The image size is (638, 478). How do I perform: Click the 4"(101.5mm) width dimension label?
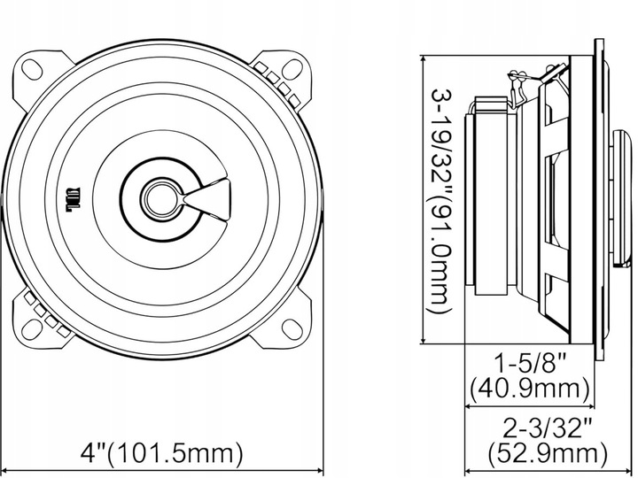[x=161, y=454]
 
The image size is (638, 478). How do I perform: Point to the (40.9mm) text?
[x=530, y=388]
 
